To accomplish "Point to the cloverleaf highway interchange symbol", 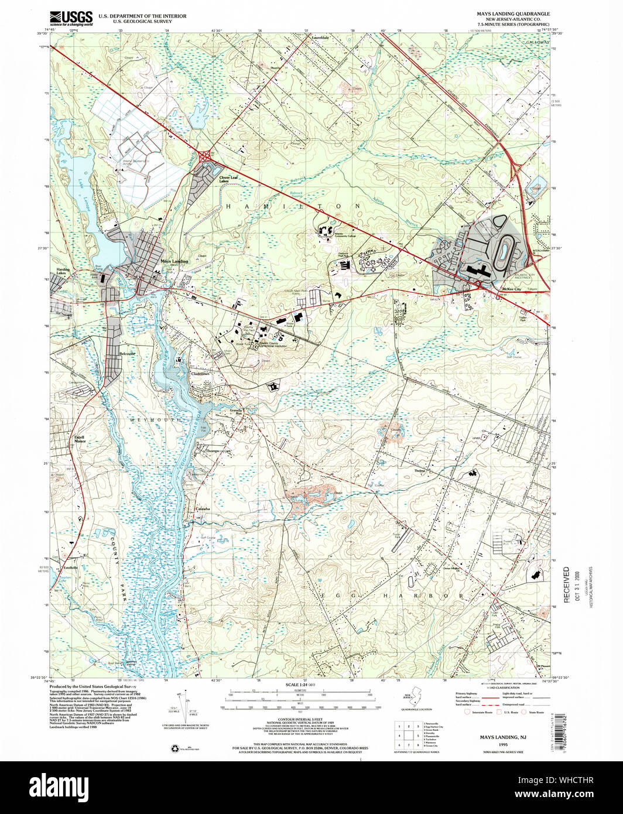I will click(x=206, y=156).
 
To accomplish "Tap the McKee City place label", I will click(x=509, y=289).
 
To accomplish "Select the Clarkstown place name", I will click(x=199, y=374).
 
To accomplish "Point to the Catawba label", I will click(x=202, y=508).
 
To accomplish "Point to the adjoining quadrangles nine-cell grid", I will click(x=408, y=734).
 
